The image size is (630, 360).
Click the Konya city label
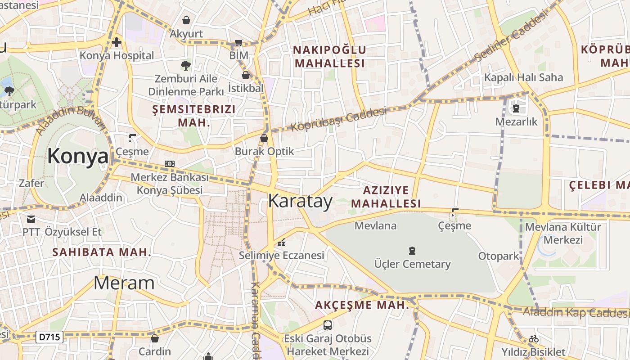click(x=78, y=157)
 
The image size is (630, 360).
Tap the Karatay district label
click(x=300, y=201)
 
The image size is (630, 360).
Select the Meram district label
click(x=124, y=283)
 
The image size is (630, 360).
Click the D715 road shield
click(x=49, y=337)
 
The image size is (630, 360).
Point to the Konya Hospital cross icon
click(x=117, y=42)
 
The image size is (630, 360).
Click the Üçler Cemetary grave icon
click(x=412, y=251)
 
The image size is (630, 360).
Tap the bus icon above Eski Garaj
click(x=328, y=325)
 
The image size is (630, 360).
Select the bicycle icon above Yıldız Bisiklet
click(x=534, y=339)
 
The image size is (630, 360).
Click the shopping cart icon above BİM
click(x=238, y=43)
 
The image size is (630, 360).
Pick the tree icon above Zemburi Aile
click(x=185, y=66)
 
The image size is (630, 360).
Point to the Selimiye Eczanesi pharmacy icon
click(x=282, y=243)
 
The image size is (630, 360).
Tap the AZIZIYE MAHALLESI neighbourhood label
click(x=386, y=197)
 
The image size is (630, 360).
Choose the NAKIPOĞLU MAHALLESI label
click(x=330, y=56)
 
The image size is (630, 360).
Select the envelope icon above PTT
click(x=31, y=219)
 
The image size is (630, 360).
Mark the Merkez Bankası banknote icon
click(x=169, y=164)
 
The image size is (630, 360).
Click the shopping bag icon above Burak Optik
click(x=264, y=138)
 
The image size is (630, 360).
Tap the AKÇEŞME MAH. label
click(x=362, y=305)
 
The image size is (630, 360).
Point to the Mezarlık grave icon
click(x=516, y=108)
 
